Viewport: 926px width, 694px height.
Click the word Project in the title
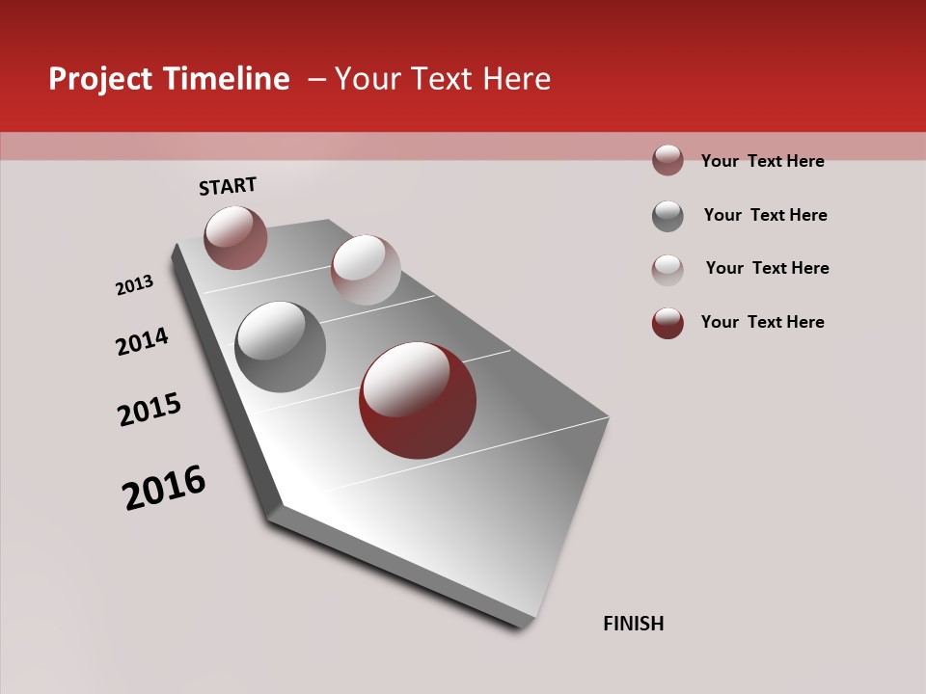point(101,79)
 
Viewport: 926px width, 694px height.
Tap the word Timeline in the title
point(227,79)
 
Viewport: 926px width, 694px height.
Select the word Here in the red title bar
point(516,79)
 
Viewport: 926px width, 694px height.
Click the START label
point(228,186)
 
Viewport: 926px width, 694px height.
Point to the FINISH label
point(634,624)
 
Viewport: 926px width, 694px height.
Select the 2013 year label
point(134,285)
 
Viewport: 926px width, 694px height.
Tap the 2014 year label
point(142,341)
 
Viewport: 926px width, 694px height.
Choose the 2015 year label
point(150,410)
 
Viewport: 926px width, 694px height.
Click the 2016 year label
point(164,488)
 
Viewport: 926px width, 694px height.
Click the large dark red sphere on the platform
point(418,400)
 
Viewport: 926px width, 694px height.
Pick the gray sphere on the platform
point(281,347)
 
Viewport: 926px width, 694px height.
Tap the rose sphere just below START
point(235,237)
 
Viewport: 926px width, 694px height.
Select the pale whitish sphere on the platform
point(366,270)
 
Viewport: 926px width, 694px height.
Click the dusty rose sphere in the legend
point(667,160)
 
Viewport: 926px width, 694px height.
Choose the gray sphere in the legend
point(667,216)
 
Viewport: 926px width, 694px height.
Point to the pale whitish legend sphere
point(667,269)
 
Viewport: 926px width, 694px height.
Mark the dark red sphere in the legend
point(667,323)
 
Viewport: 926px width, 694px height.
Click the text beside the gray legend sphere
point(765,215)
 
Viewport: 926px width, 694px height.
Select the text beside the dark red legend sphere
point(762,322)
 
